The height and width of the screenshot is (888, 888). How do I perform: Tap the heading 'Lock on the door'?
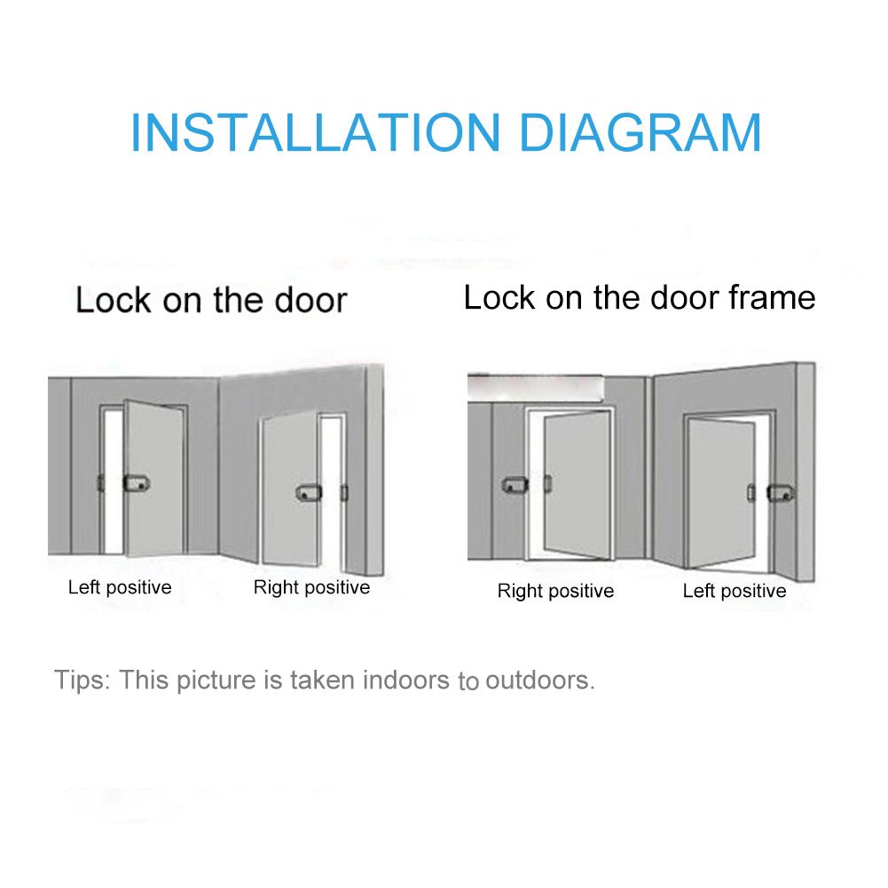210,300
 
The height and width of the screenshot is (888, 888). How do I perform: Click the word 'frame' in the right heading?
771,297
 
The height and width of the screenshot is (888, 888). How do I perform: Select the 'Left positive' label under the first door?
120,587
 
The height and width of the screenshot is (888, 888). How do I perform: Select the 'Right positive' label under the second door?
311,587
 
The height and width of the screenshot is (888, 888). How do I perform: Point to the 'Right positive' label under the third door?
555,591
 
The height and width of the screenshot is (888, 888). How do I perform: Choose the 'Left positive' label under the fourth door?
735,591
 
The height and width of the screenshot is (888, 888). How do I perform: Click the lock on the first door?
137,484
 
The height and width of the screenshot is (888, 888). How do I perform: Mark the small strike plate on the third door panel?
546,485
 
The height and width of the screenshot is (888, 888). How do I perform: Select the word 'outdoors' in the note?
537,681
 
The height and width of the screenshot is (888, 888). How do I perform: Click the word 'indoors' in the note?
399,680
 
